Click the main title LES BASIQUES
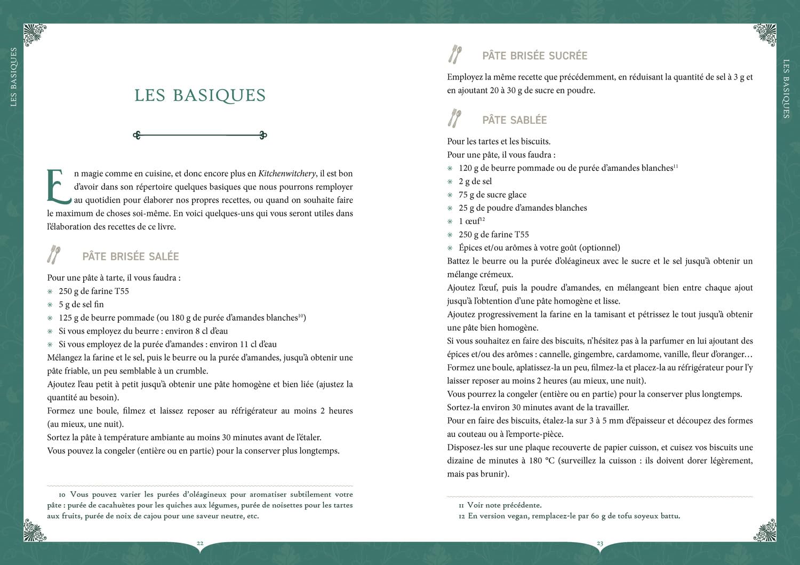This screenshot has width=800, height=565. click(x=200, y=96)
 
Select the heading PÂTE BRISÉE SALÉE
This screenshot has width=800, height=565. click(x=131, y=257)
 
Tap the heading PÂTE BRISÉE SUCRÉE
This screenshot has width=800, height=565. click(x=534, y=56)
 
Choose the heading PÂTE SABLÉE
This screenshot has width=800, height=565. click(x=515, y=121)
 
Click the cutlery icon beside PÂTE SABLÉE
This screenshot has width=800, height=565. click(x=455, y=119)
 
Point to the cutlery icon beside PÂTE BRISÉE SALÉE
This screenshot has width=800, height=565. click(x=53, y=255)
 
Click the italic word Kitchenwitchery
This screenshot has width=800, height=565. click(x=287, y=173)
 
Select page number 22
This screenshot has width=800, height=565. click(x=200, y=543)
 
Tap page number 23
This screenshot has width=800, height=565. click(x=600, y=543)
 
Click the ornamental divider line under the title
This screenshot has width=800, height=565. click(x=200, y=136)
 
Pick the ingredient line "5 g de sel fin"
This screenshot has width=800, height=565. click(x=81, y=305)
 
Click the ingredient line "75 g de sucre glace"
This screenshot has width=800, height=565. click(x=492, y=195)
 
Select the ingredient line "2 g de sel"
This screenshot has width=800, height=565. click(x=475, y=181)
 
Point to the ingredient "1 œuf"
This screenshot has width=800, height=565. click(x=469, y=221)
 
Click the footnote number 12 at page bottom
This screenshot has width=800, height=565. click(x=461, y=516)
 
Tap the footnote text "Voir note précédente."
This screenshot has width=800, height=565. click(x=504, y=505)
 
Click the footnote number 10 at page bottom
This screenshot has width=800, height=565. click(x=62, y=495)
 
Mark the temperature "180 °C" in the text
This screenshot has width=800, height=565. click(x=542, y=461)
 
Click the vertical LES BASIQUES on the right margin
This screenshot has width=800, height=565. click(x=786, y=88)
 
